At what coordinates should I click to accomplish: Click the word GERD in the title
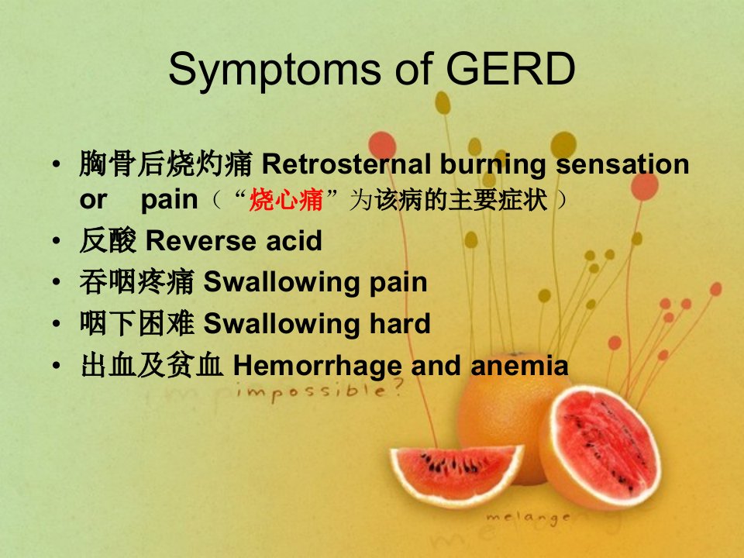(x=511, y=69)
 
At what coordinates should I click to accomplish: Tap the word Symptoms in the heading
(x=274, y=71)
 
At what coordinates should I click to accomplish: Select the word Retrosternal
(x=346, y=164)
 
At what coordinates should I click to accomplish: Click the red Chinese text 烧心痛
(x=286, y=200)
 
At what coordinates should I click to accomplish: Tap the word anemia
(x=519, y=366)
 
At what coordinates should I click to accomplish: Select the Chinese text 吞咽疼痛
(x=136, y=282)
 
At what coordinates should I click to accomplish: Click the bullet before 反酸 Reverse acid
(x=57, y=241)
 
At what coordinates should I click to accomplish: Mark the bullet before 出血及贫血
(x=57, y=367)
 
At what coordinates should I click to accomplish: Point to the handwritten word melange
(x=528, y=518)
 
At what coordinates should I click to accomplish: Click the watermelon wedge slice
(x=456, y=474)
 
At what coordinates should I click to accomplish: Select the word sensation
(x=622, y=164)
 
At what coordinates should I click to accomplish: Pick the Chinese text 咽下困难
(x=136, y=324)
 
